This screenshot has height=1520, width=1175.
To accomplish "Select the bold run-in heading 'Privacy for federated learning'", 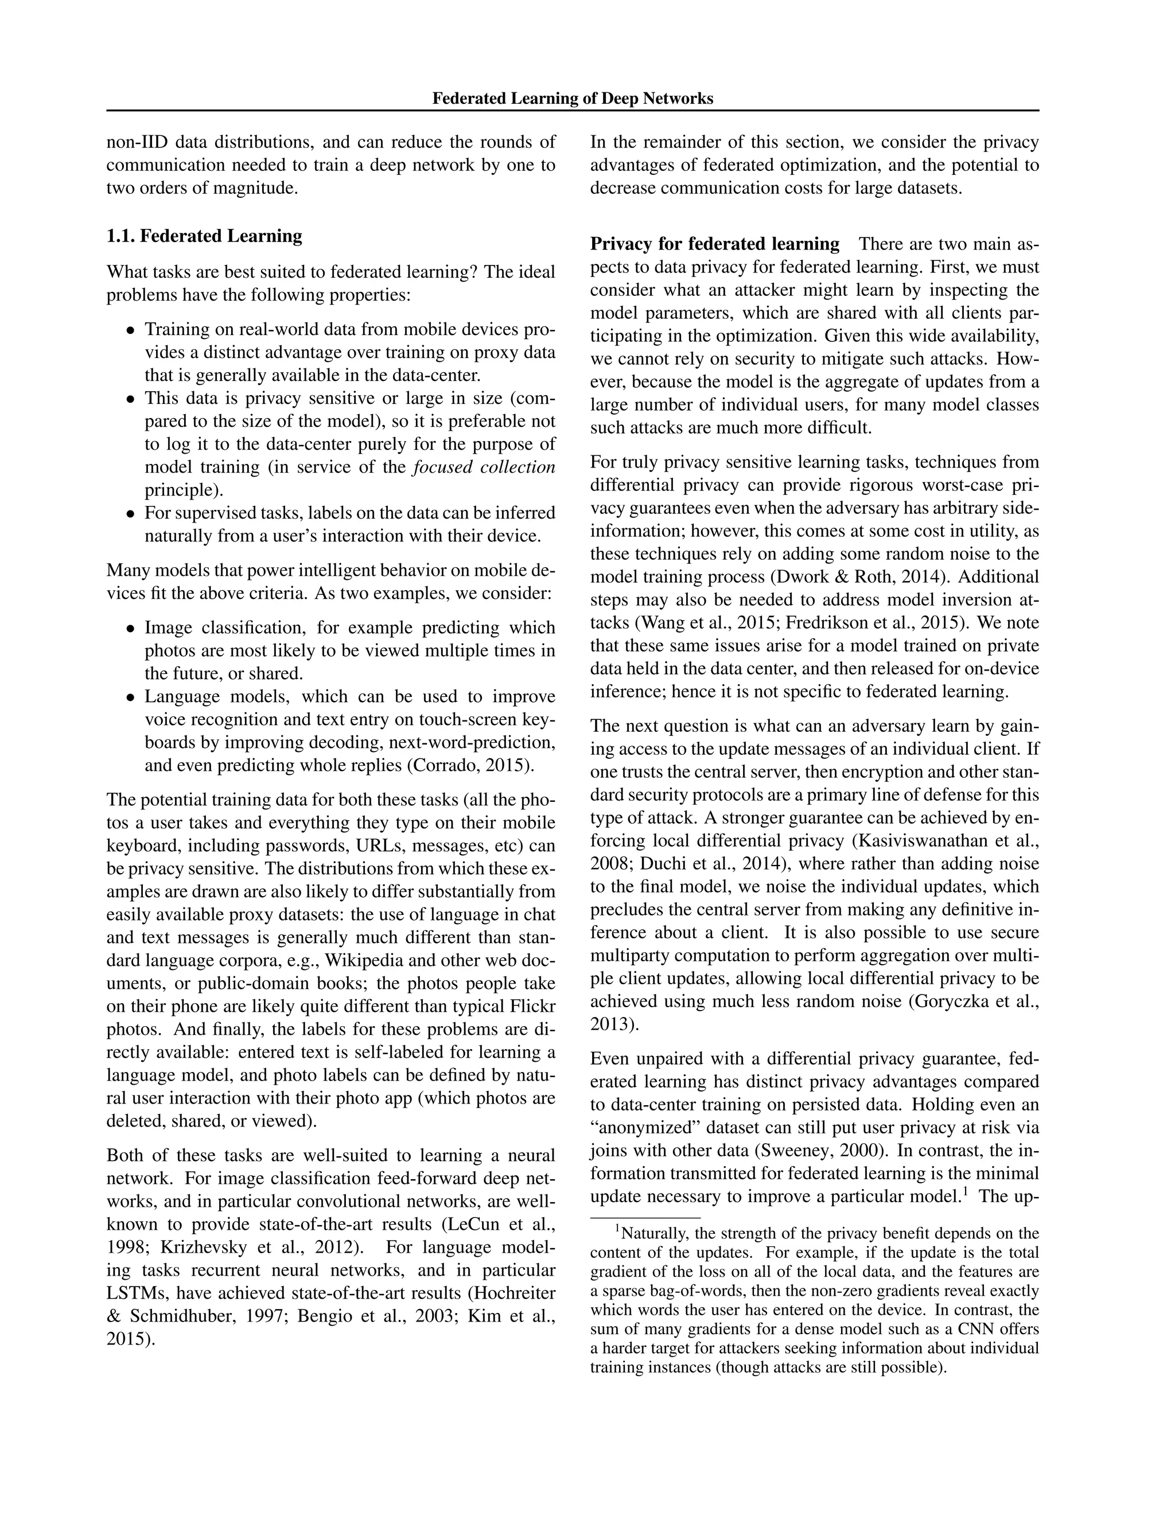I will click(x=715, y=244).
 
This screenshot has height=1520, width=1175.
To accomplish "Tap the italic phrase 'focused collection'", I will click(x=484, y=467).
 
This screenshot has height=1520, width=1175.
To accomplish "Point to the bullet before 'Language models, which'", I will click(x=130, y=697).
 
